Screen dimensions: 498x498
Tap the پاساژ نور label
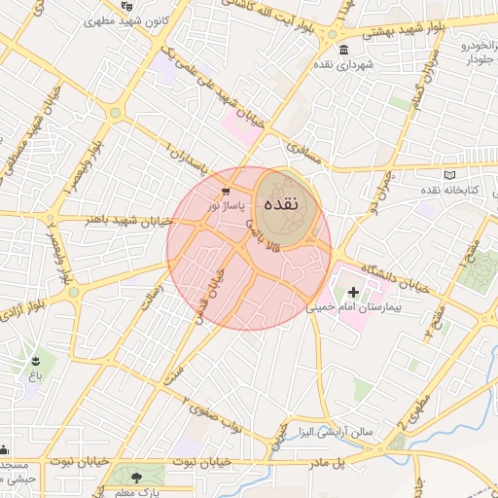click(228, 205)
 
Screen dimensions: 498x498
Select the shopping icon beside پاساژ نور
click(226, 192)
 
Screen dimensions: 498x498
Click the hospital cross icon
click(353, 292)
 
